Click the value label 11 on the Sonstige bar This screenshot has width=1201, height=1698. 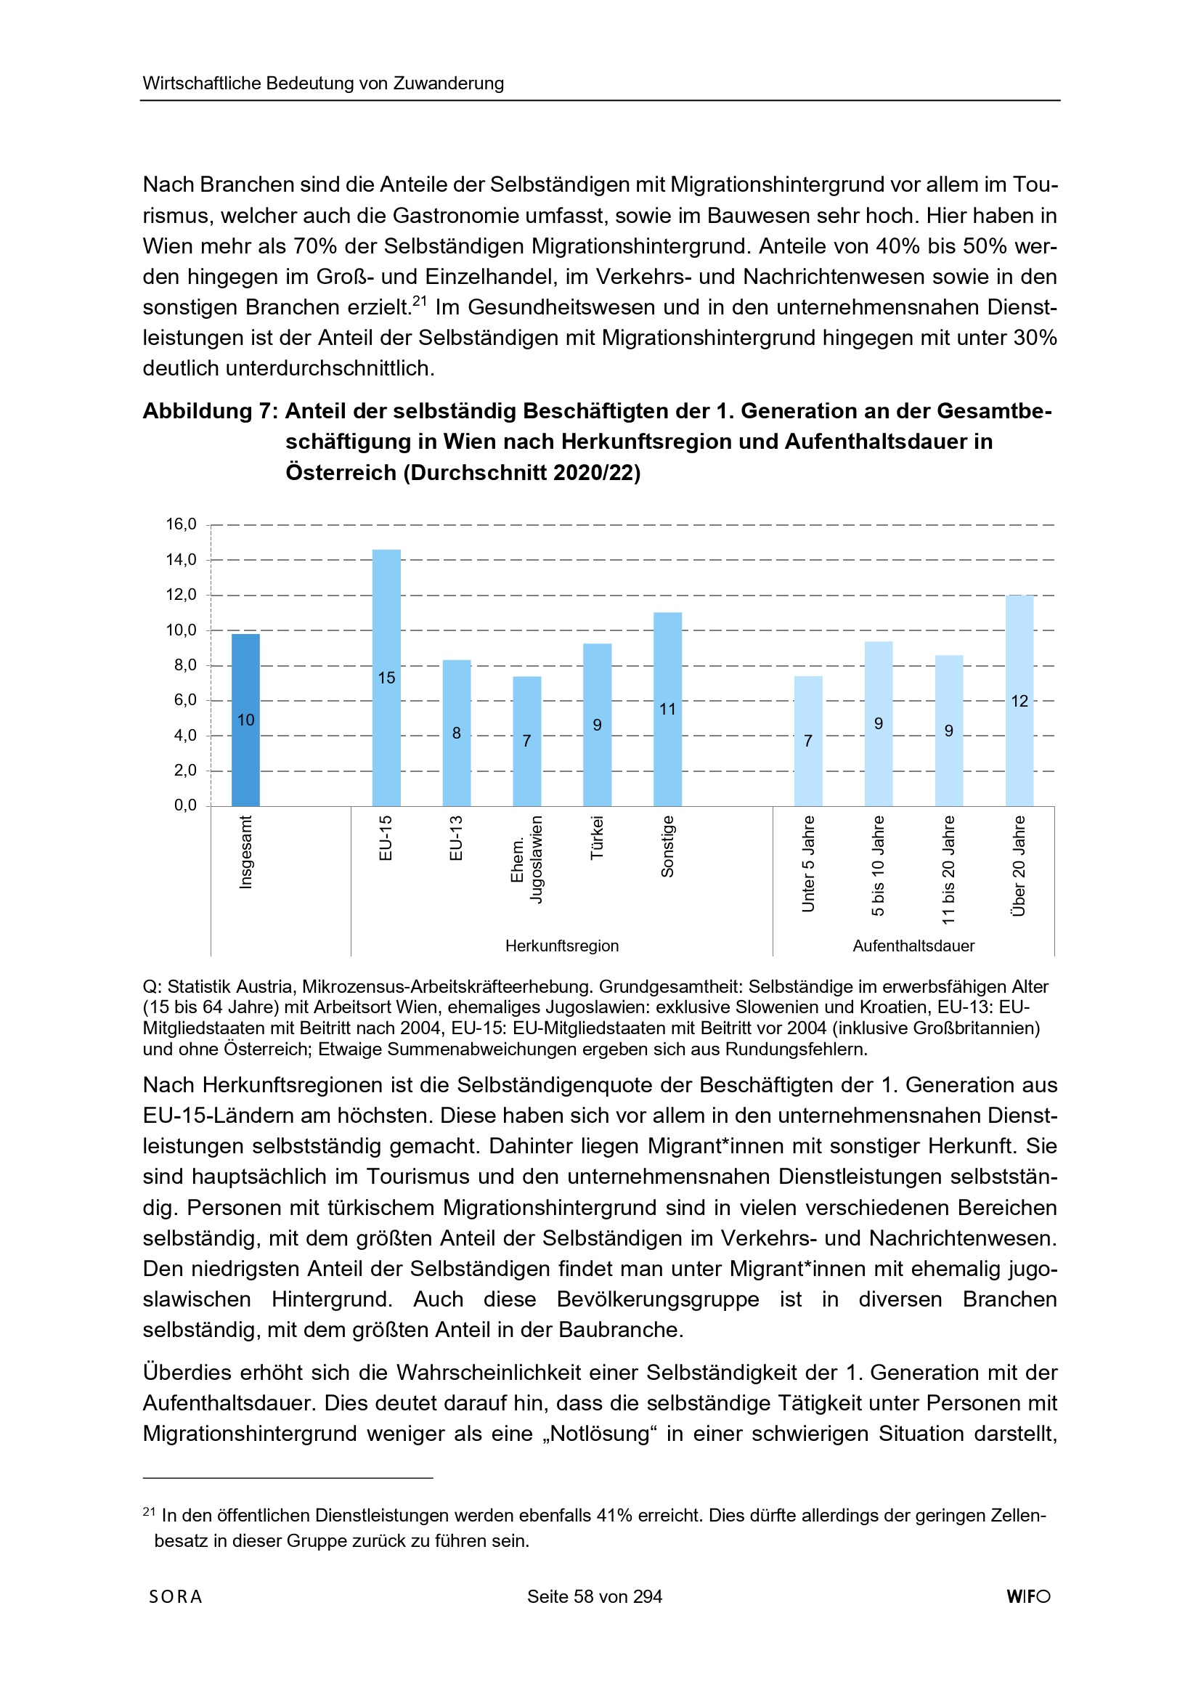coord(668,710)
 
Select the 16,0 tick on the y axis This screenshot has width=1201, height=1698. coord(182,524)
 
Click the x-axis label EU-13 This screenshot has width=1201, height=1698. coord(456,838)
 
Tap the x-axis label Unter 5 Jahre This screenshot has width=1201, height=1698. coord(808,863)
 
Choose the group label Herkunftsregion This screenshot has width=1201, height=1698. coord(562,946)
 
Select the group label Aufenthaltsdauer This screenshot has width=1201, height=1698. coord(913,946)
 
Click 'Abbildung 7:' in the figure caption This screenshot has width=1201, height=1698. coord(210,411)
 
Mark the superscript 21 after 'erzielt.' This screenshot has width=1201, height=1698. coord(420,300)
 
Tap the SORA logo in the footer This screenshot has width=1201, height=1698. coord(175,1596)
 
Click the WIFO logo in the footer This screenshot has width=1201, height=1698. coord(1028,1596)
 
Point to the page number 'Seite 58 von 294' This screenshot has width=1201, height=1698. coord(595,1596)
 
